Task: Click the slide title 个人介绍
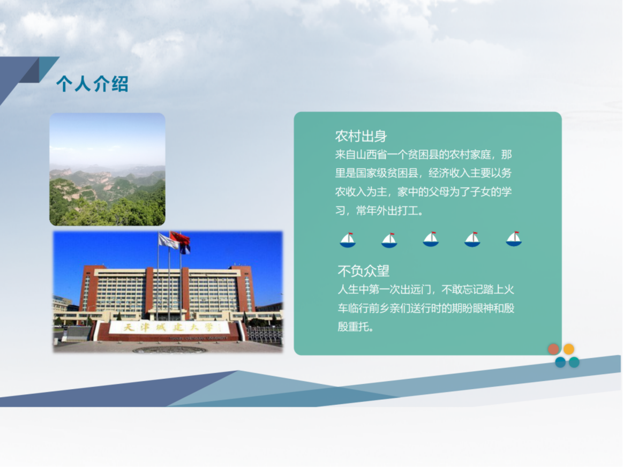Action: (92, 84)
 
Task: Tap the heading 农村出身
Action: (361, 136)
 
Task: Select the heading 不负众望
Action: (363, 271)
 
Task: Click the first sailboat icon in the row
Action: (348, 240)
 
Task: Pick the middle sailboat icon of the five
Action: (431, 239)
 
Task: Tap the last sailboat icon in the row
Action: (514, 239)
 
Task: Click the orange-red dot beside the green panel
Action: (553, 349)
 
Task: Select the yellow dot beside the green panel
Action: (569, 349)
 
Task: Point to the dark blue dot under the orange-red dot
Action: (560, 362)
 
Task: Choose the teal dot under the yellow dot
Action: (574, 362)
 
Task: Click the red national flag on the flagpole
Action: (180, 238)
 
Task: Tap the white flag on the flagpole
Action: (168, 241)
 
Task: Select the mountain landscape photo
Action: (107, 169)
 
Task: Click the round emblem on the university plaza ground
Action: (170, 350)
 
